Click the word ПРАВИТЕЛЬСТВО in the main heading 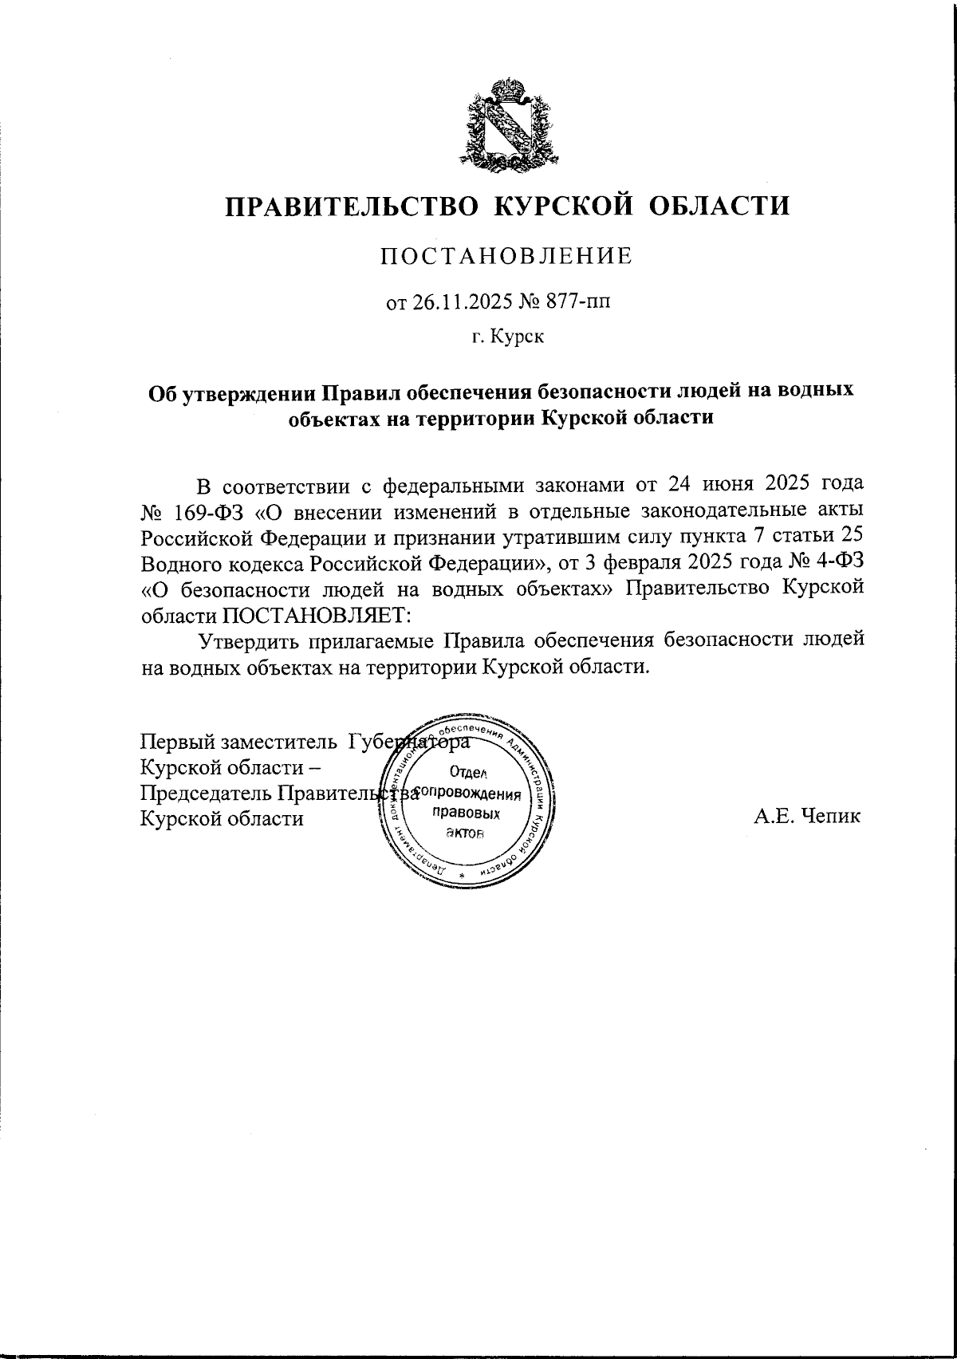[x=349, y=207]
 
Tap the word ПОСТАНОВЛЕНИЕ [x=506, y=257]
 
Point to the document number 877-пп [x=580, y=303]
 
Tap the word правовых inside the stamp [x=465, y=813]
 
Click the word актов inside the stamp [x=465, y=833]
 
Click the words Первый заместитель [x=238, y=742]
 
